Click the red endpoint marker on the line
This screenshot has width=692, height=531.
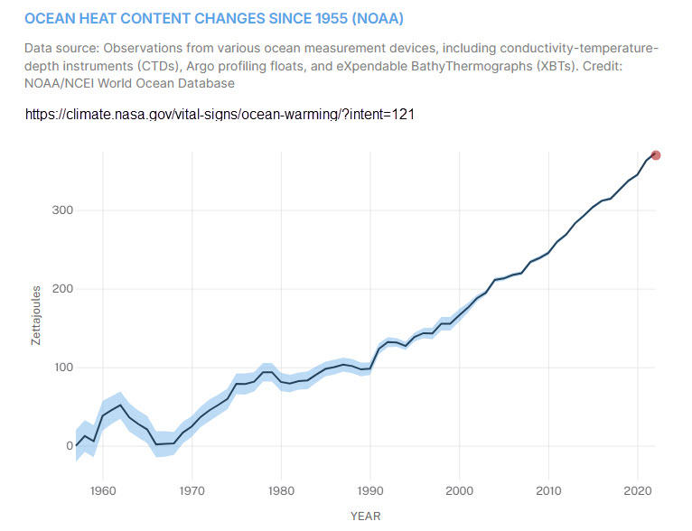[x=656, y=155]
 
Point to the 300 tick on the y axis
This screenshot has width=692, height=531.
[x=61, y=210]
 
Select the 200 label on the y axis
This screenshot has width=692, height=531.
[x=61, y=289]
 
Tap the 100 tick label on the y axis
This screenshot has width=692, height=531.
[x=61, y=368]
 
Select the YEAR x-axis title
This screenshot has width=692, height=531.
[x=365, y=517]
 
